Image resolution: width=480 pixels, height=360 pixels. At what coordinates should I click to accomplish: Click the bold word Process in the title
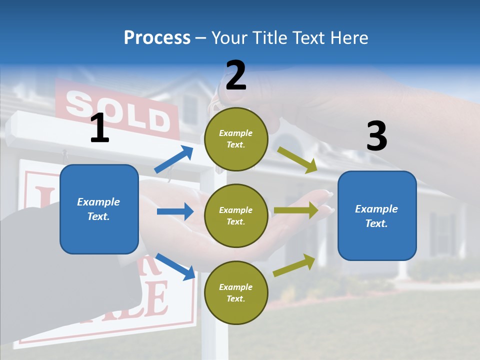157,37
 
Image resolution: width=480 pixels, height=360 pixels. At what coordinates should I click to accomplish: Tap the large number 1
99,128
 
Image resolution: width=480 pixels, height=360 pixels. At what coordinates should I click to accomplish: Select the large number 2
236,76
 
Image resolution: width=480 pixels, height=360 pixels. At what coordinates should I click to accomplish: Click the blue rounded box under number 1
99,209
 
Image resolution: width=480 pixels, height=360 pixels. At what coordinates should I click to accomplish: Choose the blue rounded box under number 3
377,215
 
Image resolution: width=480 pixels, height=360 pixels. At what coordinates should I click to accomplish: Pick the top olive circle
236,139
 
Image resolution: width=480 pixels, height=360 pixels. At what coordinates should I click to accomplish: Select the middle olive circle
236,215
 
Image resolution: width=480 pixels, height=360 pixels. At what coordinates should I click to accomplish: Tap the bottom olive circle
236,292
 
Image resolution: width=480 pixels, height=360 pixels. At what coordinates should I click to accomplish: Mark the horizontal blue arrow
174,211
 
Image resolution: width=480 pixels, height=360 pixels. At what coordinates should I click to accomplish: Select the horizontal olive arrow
295,211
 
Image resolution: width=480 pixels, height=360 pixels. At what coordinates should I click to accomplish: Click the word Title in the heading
269,37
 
